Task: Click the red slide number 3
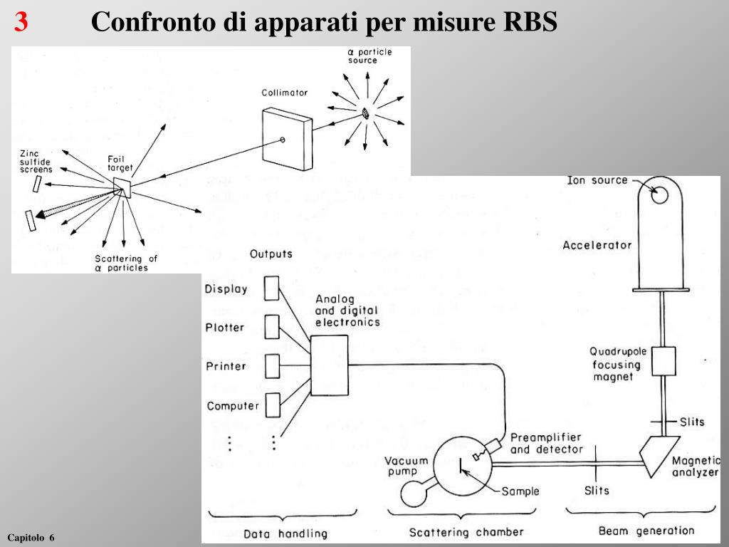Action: click(21, 23)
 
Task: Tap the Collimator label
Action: click(284, 93)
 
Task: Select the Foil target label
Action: click(120, 163)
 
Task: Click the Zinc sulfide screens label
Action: click(36, 162)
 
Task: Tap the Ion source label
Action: click(597, 180)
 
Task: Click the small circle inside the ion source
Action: click(660, 194)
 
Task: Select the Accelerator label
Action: click(597, 245)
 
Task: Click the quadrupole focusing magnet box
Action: click(664, 360)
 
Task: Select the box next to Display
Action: click(272, 288)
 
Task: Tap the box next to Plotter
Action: click(272, 327)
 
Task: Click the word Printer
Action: click(226, 366)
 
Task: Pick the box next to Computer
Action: click(272, 405)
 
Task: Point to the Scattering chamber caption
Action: click(466, 532)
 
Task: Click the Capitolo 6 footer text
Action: click(31, 536)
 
